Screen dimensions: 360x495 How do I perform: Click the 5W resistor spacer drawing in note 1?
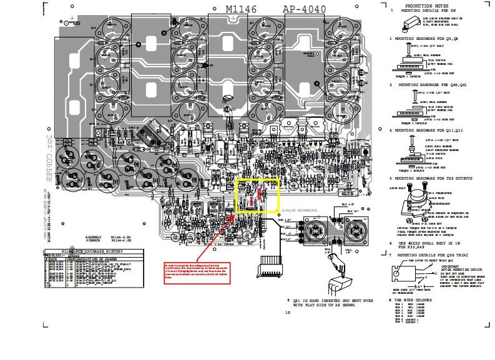tap(412, 25)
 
